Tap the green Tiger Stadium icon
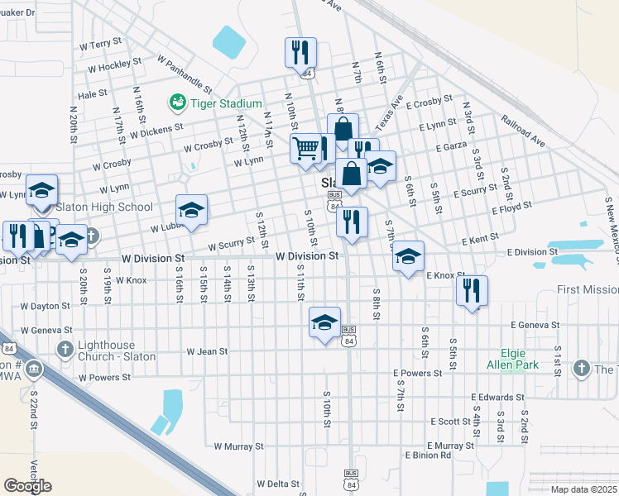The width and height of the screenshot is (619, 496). [176, 103]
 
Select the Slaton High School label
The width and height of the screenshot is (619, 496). [103, 207]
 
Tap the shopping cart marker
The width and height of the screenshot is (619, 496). [305, 149]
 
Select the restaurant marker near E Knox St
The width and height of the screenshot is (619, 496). [471, 290]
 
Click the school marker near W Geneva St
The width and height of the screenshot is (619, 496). [325, 322]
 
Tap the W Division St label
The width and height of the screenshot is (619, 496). [307, 257]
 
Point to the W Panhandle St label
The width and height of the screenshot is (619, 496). [184, 76]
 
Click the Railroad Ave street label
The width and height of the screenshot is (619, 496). [523, 131]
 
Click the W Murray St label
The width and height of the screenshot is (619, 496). [238, 446]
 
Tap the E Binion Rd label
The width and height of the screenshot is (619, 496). [427, 455]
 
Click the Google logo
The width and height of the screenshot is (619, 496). [28, 486]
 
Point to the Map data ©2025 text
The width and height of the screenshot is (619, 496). [583, 489]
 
